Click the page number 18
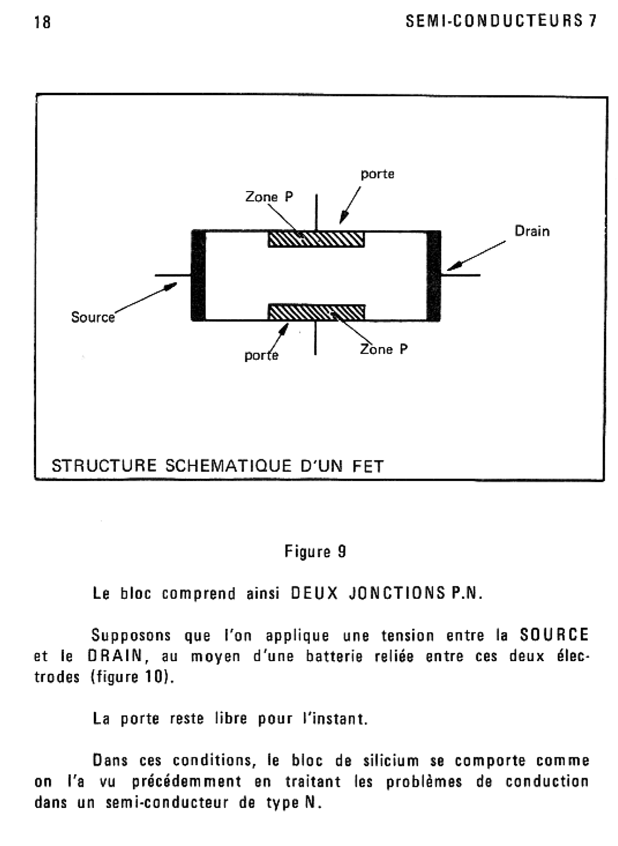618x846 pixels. coord(42,22)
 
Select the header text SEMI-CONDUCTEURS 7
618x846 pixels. coord(501,21)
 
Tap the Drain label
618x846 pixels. coord(532,231)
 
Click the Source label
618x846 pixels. coord(93,317)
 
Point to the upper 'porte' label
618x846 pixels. coord(377,174)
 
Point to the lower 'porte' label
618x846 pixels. coord(262,355)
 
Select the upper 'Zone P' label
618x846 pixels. coord(269,196)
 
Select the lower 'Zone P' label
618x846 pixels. coord(384,349)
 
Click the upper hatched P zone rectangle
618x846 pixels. coord(316,239)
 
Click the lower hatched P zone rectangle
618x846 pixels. coord(317,312)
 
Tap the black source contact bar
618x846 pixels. coord(199,275)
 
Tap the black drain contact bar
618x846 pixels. coord(434,275)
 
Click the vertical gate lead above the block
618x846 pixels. coord(317,212)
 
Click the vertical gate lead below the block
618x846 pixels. coord(315,338)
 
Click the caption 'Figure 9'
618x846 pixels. coord(315,552)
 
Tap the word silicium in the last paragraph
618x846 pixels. coord(391,760)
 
